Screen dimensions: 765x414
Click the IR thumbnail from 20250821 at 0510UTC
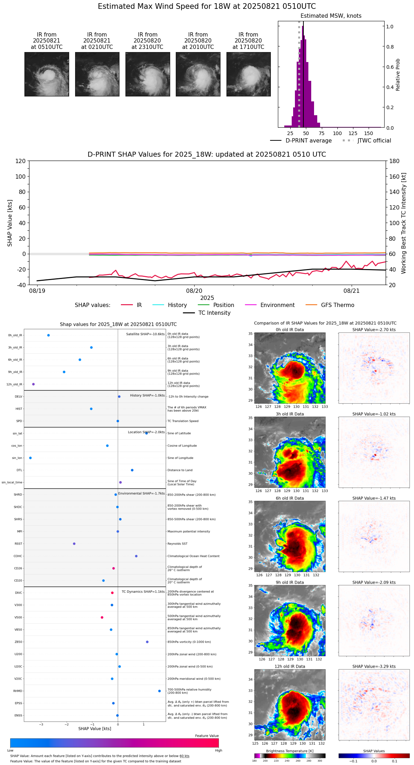click(x=46, y=74)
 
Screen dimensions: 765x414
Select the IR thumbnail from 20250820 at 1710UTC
click(x=248, y=74)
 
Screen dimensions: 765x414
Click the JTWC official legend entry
click(x=374, y=141)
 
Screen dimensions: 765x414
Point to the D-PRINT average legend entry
click(x=308, y=141)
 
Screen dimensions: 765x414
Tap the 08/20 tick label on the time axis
click(x=194, y=291)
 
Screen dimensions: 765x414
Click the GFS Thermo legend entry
click(x=337, y=305)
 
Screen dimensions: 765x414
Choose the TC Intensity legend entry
click(x=214, y=313)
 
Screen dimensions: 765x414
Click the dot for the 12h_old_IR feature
click(x=33, y=384)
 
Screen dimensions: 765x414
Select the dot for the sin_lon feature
click(x=30, y=458)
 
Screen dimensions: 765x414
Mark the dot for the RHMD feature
click(x=160, y=691)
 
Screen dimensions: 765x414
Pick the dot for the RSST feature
click(x=74, y=544)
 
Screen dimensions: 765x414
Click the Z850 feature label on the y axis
click(x=18, y=642)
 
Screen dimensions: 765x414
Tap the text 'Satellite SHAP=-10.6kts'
click(x=145, y=334)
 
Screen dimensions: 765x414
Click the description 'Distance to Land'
click(x=180, y=470)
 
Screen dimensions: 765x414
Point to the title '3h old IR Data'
click(x=290, y=414)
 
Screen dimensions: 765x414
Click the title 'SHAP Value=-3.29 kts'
click(x=374, y=666)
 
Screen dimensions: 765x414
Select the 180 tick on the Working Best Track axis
click(x=394, y=161)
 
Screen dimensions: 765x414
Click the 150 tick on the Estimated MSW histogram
click(x=369, y=133)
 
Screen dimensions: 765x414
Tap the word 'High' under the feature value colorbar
click(x=218, y=750)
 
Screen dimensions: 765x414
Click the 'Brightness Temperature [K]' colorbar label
click(x=290, y=751)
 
